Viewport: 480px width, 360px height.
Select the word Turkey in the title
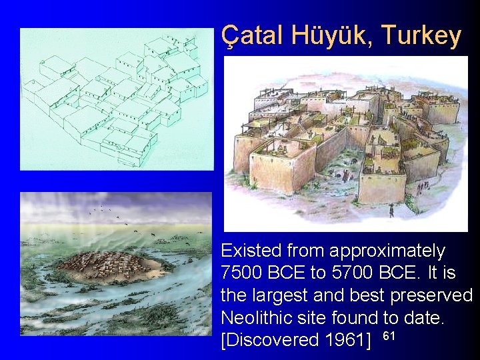click(421, 35)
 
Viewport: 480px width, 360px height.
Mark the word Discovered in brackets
click(270, 340)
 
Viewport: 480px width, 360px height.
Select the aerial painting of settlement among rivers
click(116, 264)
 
